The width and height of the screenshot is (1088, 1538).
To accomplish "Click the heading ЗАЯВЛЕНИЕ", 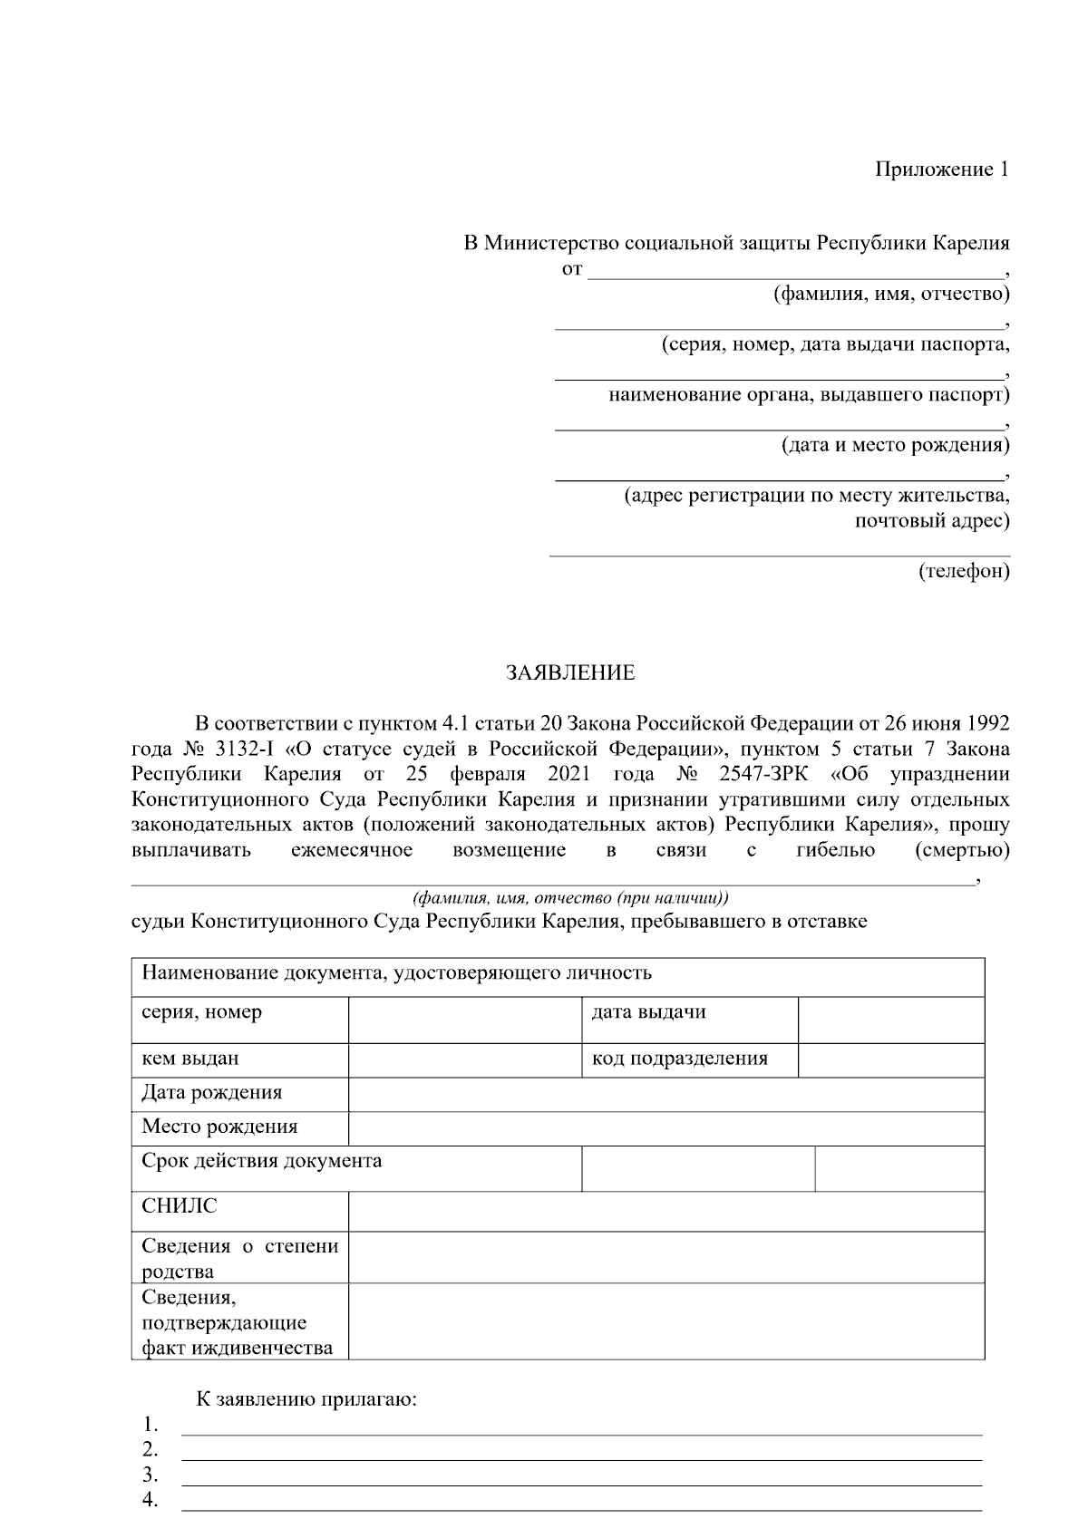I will point(569,673).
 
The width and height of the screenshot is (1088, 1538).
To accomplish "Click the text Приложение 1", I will point(941,169).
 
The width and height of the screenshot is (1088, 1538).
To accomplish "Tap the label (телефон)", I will point(963,572).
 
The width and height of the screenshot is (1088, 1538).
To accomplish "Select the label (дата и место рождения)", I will point(895,445).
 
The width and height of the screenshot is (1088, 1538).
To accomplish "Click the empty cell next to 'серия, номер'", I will point(463,1020).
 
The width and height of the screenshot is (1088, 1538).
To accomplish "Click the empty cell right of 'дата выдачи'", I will point(890,1020).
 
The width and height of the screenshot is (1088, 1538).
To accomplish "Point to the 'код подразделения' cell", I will point(680,1059).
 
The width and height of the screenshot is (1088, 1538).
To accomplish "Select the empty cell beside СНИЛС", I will point(665,1211).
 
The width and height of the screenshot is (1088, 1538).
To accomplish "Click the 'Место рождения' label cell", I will point(219,1127).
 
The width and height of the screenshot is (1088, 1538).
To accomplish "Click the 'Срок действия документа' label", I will point(261,1161).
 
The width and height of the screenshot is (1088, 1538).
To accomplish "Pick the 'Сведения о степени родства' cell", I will point(239,1258).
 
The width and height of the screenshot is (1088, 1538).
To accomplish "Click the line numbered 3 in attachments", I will point(581,1474).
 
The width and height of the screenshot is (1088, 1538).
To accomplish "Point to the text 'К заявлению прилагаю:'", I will point(306,1399).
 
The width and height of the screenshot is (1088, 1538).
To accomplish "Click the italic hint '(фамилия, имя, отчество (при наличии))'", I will point(570,898).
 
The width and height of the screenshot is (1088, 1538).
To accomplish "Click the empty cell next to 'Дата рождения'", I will point(665,1094).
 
